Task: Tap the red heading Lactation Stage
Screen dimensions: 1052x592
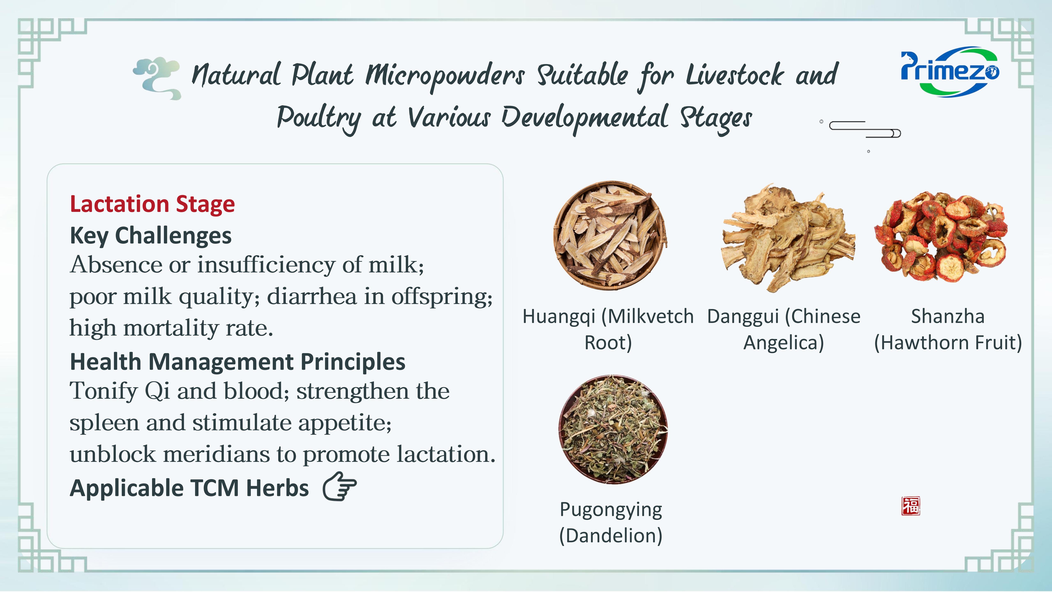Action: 152,204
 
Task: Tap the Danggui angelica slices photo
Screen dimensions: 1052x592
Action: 788,238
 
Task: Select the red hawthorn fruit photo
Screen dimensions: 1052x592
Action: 940,237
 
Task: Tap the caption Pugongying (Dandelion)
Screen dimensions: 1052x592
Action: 611,523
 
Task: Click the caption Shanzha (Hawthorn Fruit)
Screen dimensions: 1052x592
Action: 948,329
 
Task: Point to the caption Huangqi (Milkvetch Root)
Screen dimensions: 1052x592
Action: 608,329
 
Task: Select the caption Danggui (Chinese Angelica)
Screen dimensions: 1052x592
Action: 784,329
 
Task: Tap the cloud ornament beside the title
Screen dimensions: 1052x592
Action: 157,78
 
